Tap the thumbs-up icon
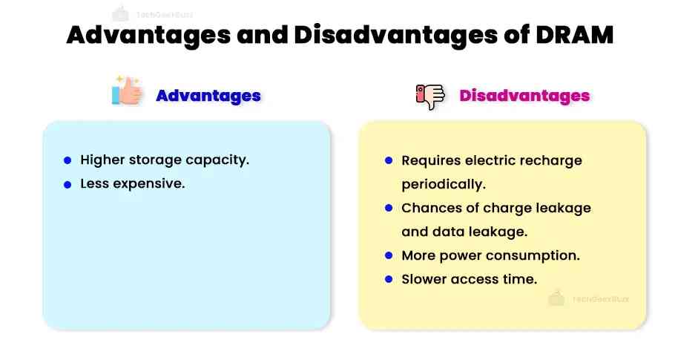[x=127, y=92]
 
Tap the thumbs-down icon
[x=429, y=96]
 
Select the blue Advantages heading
[x=208, y=96]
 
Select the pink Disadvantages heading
[x=524, y=96]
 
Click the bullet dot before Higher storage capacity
[x=68, y=160]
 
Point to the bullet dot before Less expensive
[x=68, y=184]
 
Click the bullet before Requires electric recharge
[x=389, y=160]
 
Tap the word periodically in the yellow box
[x=443, y=184]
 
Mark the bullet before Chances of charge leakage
[x=389, y=208]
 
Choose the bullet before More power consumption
[x=389, y=255]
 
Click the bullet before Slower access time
[x=389, y=279]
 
